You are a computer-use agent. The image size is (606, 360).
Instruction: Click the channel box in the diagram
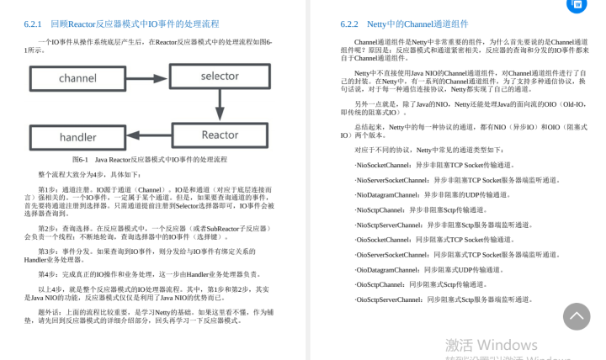(78, 78)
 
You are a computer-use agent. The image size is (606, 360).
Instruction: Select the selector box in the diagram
(220, 76)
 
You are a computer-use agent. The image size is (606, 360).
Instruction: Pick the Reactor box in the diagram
(220, 135)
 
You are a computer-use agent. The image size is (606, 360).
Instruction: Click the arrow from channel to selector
(148, 77)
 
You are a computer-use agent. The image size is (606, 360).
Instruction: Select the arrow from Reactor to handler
(148, 135)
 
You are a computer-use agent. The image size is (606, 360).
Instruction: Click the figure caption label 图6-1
(81, 159)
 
